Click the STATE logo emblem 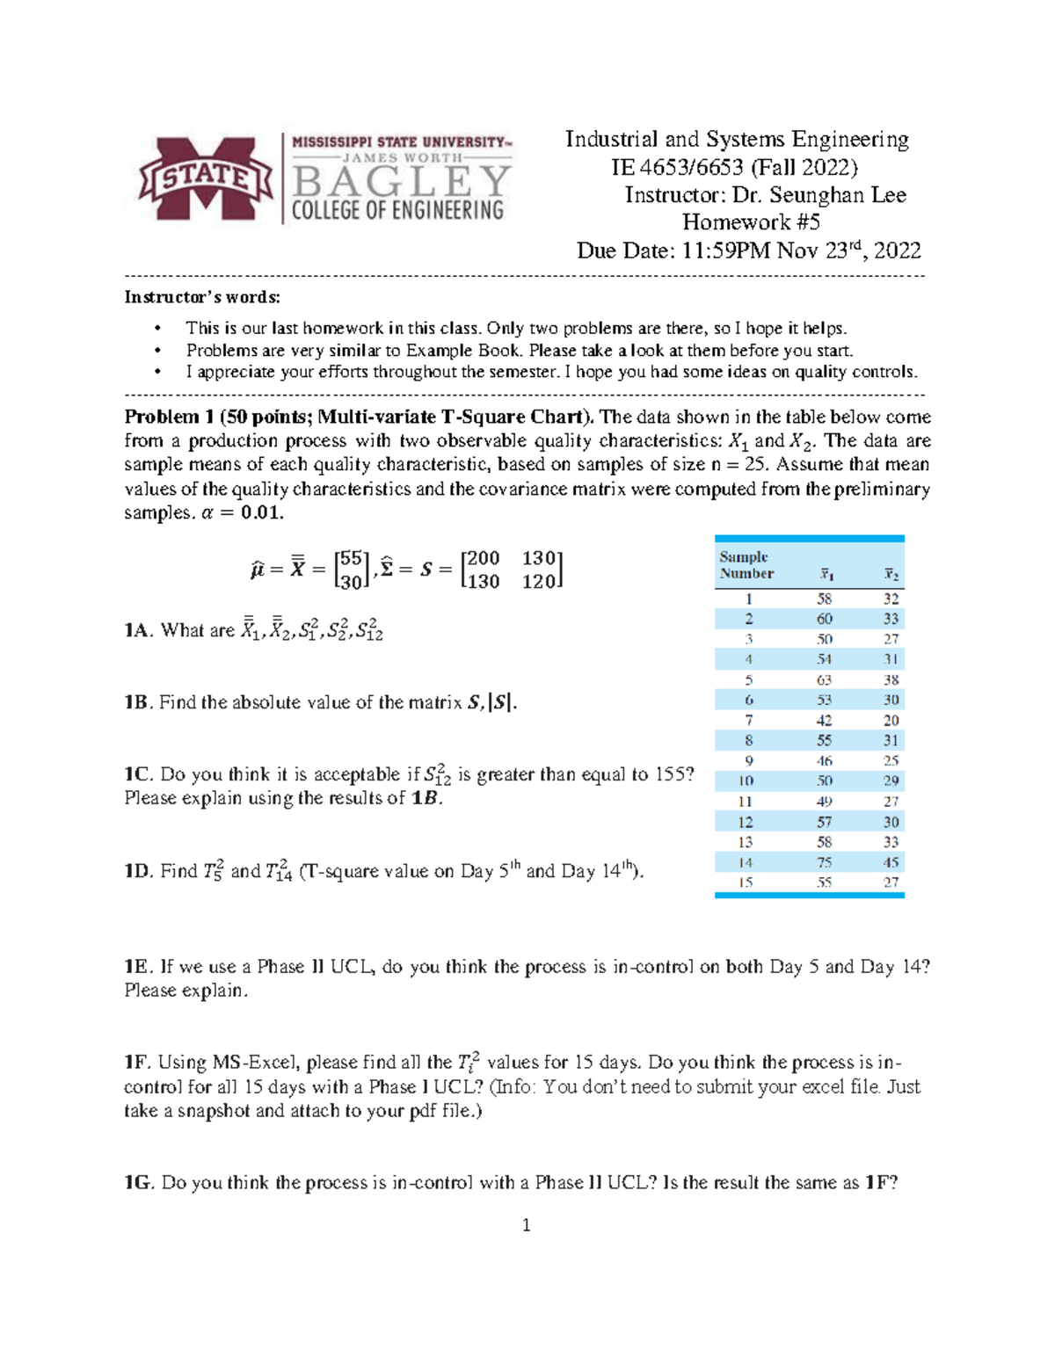click(x=205, y=178)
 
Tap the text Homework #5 click(x=751, y=222)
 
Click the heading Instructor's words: click(x=202, y=297)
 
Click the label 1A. click(x=138, y=630)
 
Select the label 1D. click(x=138, y=871)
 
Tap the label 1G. click(x=139, y=1183)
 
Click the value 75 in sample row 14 click(x=824, y=862)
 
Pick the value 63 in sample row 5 click(x=824, y=679)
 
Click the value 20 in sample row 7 click(x=891, y=720)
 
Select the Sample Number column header click(x=746, y=565)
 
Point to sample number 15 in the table click(x=746, y=882)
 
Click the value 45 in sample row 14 click(x=891, y=862)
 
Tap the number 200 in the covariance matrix click(x=484, y=558)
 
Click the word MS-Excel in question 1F click(x=257, y=1063)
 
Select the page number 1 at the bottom click(x=526, y=1225)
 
